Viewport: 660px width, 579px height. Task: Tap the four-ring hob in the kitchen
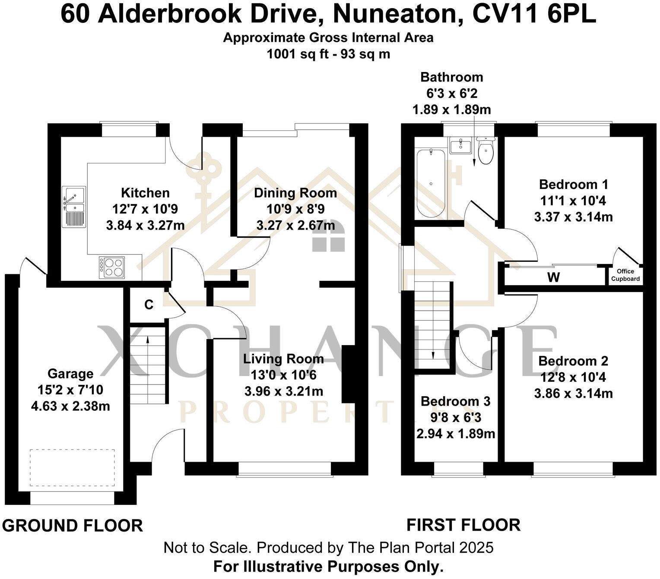tap(112, 267)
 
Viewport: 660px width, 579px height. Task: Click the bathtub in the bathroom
tap(431, 183)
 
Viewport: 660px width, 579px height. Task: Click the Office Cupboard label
tap(625, 275)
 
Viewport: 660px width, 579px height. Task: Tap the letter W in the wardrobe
tap(553, 277)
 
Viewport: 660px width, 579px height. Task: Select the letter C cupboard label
tap(149, 305)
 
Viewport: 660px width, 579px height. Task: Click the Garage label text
tap(70, 374)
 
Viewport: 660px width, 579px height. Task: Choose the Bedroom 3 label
tap(455, 401)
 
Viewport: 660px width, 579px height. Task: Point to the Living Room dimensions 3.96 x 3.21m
tap(283, 391)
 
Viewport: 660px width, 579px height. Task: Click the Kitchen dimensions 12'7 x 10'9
tap(145, 209)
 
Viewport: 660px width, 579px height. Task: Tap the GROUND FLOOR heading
tap(72, 526)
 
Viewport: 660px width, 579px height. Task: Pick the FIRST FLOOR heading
tap(463, 525)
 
